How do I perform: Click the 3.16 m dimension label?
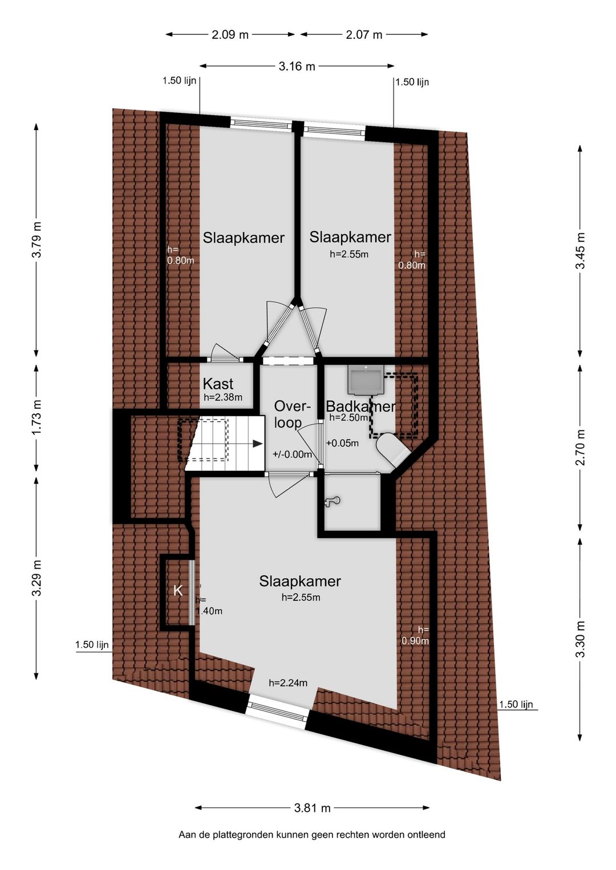click(297, 66)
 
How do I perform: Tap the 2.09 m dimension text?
click(230, 35)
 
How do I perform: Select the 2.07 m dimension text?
click(364, 35)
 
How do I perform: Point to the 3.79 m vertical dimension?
click(37, 239)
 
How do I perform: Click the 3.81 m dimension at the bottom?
click(312, 808)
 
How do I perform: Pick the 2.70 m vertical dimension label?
click(580, 447)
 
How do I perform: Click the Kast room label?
click(218, 384)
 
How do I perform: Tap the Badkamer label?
click(360, 406)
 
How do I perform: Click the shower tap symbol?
click(333, 501)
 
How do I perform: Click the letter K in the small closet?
click(178, 591)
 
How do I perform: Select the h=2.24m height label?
click(288, 683)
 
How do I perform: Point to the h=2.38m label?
click(223, 397)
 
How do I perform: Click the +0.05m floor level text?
click(342, 443)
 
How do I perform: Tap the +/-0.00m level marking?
click(293, 454)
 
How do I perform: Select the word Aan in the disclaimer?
click(186, 835)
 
